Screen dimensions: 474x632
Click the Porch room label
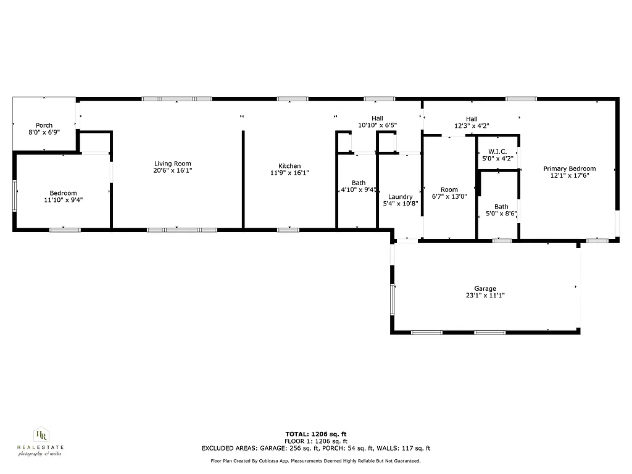point(44,125)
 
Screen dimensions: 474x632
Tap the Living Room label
point(168,164)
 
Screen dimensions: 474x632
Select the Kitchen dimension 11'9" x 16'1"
point(289,173)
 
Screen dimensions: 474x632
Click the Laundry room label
point(401,197)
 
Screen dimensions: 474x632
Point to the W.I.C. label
point(497,152)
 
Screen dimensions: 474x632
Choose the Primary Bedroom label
point(569,168)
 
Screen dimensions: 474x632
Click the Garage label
point(485,288)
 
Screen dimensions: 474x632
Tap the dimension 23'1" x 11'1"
point(485,296)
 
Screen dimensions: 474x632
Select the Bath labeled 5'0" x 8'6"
point(501,207)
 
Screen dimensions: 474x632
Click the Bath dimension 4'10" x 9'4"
point(359,190)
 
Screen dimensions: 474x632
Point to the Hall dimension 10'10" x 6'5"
point(377,125)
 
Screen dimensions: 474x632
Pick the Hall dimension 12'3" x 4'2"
point(472,126)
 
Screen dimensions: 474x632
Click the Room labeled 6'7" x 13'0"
point(449,189)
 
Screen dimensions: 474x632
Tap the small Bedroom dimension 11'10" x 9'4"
point(63,200)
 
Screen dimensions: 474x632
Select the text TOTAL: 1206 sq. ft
point(320,434)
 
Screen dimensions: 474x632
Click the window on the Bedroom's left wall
point(15,196)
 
